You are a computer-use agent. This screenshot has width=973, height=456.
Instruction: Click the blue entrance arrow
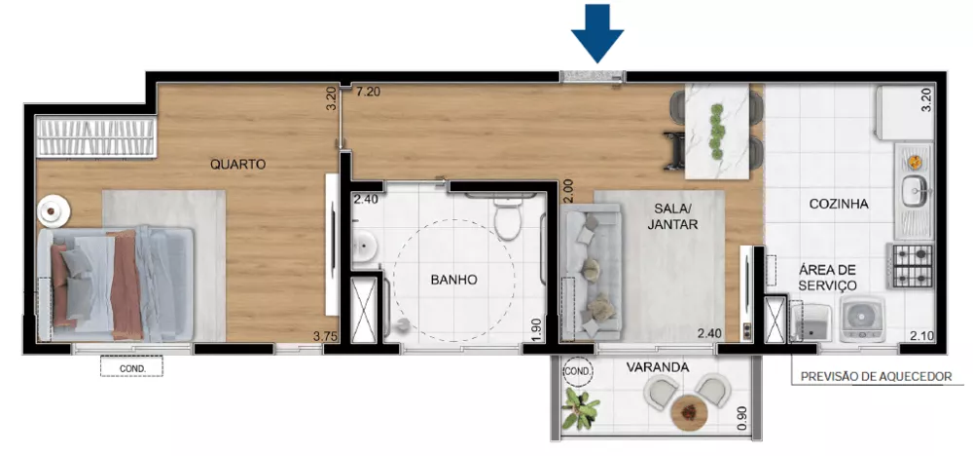pyautogui.click(x=596, y=30)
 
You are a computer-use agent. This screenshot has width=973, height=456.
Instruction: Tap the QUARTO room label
pyautogui.click(x=237, y=165)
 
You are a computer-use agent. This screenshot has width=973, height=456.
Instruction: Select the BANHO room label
pyautogui.click(x=453, y=280)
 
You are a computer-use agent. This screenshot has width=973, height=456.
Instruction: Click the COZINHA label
pyautogui.click(x=839, y=204)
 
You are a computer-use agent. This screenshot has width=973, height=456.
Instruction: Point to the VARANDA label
pyautogui.click(x=658, y=367)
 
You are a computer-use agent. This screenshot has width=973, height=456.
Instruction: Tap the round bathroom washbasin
pyautogui.click(x=364, y=247)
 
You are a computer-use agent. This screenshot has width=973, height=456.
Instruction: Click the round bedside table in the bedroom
pyautogui.click(x=53, y=209)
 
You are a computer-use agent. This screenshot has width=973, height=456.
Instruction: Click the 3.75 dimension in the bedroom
pyautogui.click(x=324, y=337)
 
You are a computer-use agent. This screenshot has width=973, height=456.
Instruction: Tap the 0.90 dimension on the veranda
pyautogui.click(x=743, y=418)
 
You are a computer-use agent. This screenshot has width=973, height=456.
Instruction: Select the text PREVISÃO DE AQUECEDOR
pyautogui.click(x=875, y=376)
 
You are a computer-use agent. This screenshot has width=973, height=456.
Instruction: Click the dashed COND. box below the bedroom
pyautogui.click(x=131, y=367)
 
